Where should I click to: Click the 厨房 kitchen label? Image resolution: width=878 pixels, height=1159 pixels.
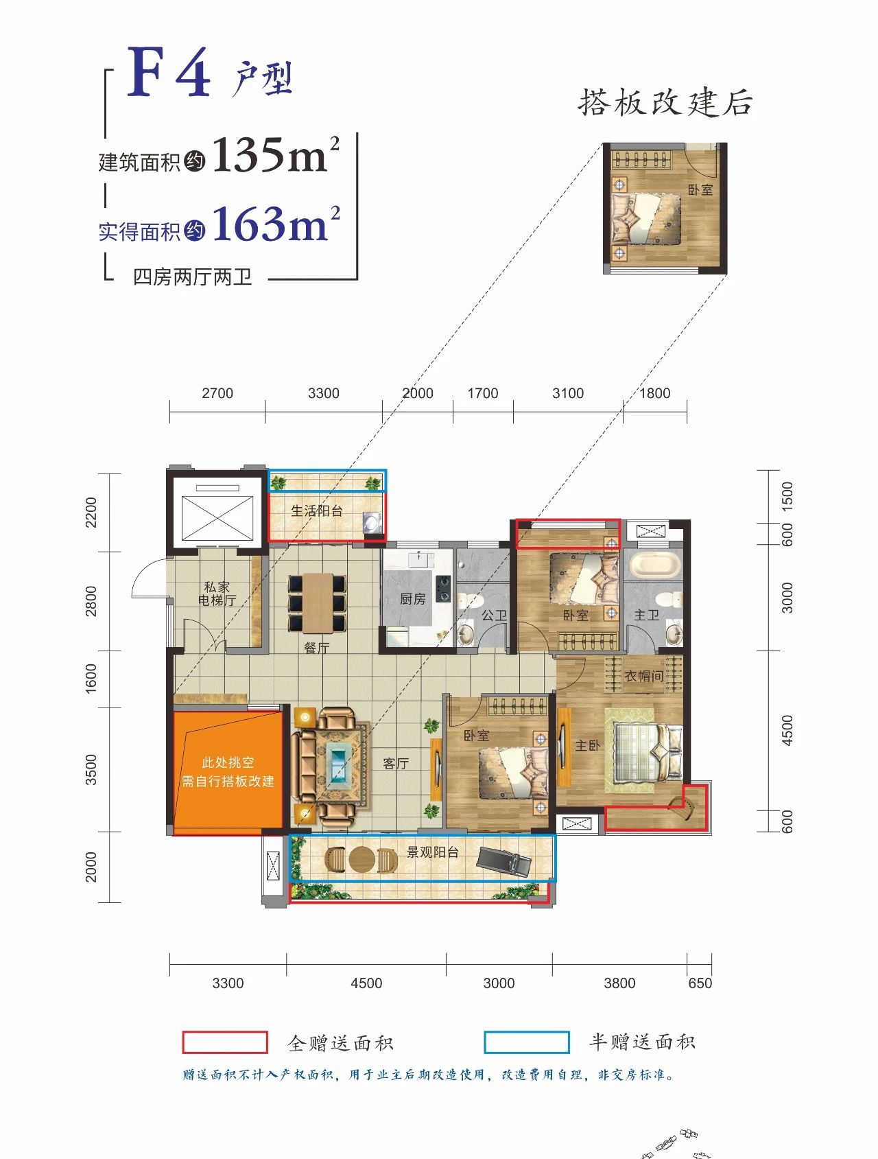point(412,599)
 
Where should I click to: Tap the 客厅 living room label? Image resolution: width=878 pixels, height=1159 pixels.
point(396,763)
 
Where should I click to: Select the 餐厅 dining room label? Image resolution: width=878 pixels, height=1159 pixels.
point(316,647)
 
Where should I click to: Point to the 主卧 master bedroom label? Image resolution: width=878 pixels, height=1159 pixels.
point(587,745)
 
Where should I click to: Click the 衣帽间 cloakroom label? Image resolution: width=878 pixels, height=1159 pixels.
point(643,676)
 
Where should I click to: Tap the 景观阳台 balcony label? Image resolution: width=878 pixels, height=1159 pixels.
point(432,852)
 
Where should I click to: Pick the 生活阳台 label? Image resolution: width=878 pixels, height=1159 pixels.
point(316,511)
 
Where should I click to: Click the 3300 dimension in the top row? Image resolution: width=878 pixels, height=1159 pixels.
point(323,393)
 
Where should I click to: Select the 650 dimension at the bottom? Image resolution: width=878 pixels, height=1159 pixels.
point(700,983)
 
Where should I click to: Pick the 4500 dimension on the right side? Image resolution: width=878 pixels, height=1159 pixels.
point(787,730)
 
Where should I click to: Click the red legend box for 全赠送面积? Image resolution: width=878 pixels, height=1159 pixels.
point(225,1042)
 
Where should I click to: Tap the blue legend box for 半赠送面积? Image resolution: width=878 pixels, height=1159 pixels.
point(527,1042)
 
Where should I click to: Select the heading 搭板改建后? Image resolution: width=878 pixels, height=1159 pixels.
point(665,103)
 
